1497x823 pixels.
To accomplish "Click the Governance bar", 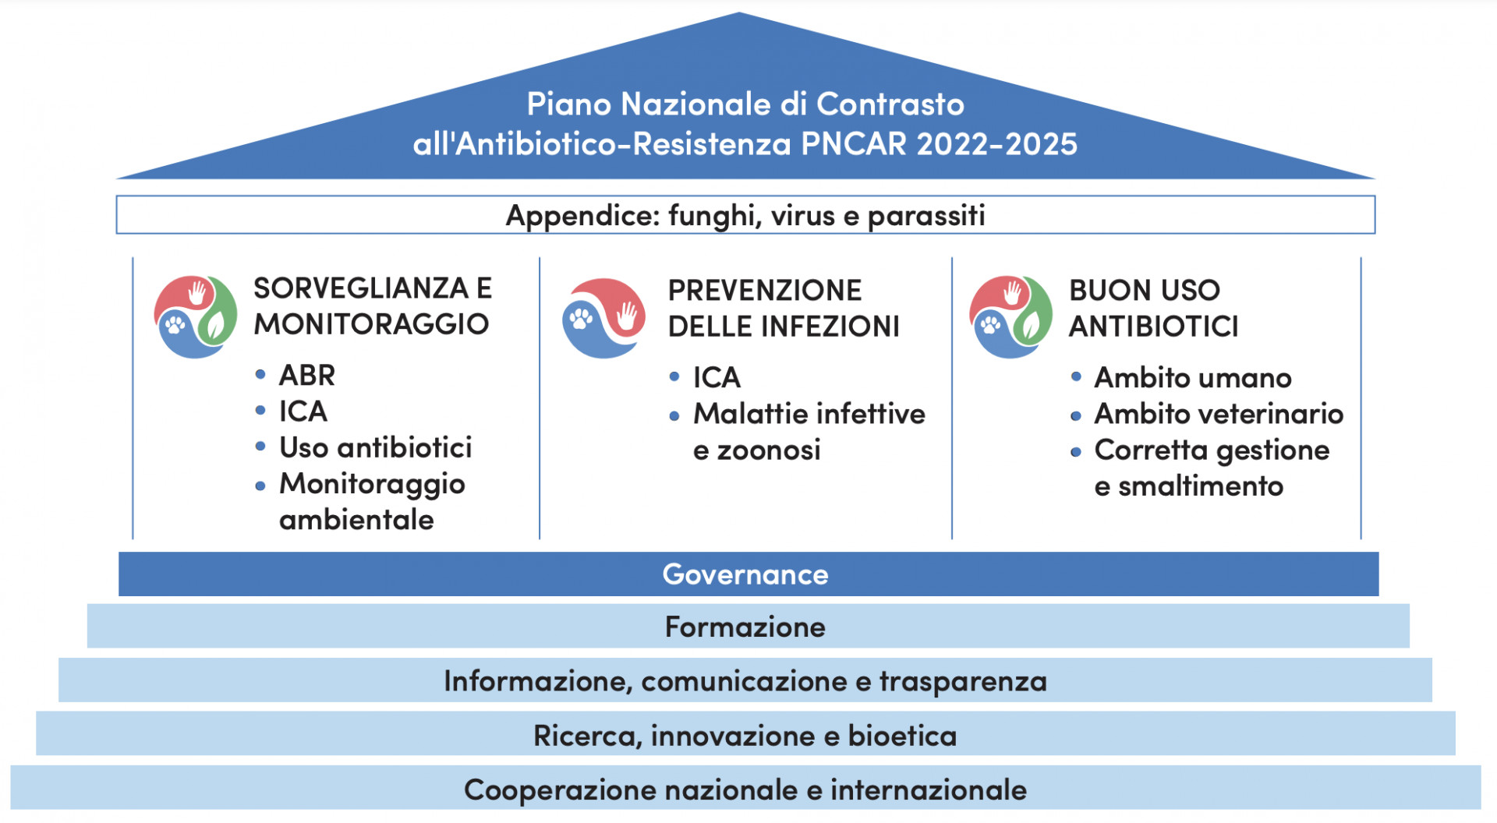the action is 748,574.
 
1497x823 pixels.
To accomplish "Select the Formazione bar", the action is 748,627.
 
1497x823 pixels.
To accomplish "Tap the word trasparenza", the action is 963,682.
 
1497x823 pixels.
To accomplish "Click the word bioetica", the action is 902,736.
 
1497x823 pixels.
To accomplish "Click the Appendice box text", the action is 745,216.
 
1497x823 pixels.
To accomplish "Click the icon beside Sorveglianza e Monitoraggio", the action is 195,316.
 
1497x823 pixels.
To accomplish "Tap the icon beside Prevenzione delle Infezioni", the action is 603,318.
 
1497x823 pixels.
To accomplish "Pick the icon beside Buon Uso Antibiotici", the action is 1010,316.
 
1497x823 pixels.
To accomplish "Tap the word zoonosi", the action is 769,450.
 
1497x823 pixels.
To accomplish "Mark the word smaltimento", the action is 1201,486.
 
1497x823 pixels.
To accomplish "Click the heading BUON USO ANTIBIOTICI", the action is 1153,308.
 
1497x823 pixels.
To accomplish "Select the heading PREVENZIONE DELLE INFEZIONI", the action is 784,308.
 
